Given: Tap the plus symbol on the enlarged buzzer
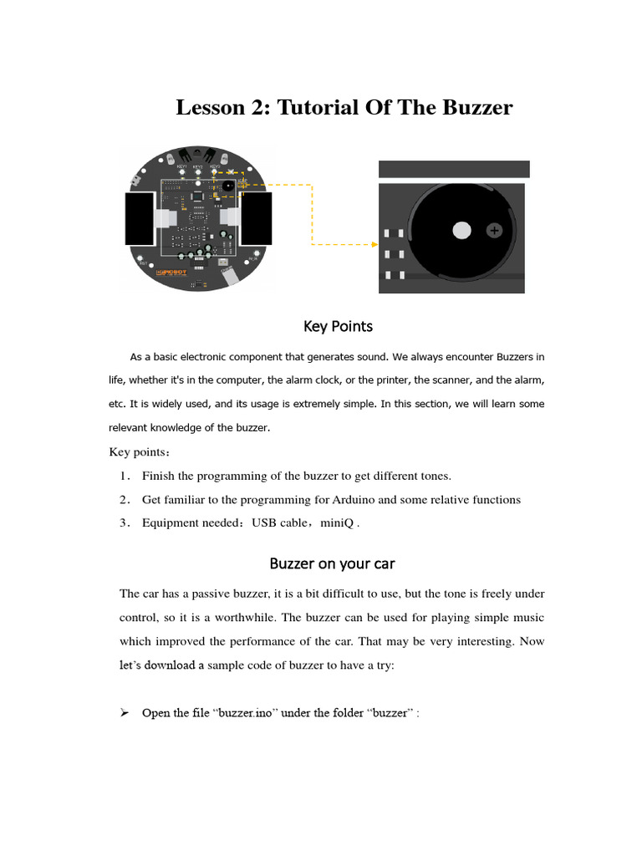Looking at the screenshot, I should pyautogui.click(x=495, y=230).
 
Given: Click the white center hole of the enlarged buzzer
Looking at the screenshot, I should pyautogui.click(x=461, y=230).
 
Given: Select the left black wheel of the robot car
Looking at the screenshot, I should pyautogui.click(x=139, y=219).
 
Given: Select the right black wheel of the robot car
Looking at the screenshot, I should pyautogui.click(x=257, y=219).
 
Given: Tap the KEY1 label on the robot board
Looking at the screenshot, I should pyautogui.click(x=181, y=166).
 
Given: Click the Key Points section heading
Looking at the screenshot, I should pyautogui.click(x=338, y=326).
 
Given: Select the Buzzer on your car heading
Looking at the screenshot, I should pyautogui.click(x=332, y=563).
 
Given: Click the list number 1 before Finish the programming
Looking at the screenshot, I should pyautogui.click(x=124, y=476).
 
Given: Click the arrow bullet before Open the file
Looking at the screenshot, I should pyautogui.click(x=124, y=713).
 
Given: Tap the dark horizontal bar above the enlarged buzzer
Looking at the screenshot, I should pyautogui.click(x=454, y=169).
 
